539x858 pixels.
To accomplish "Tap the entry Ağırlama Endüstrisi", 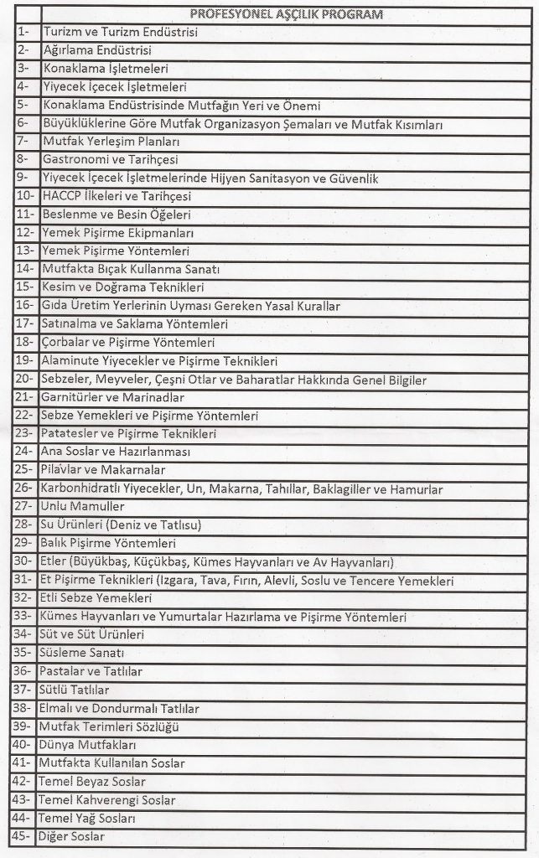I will [90, 50].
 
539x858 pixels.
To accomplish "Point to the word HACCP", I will [58, 196].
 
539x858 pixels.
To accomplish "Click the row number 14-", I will [24, 269].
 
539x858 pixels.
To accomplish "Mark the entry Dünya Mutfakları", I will [86, 744].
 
